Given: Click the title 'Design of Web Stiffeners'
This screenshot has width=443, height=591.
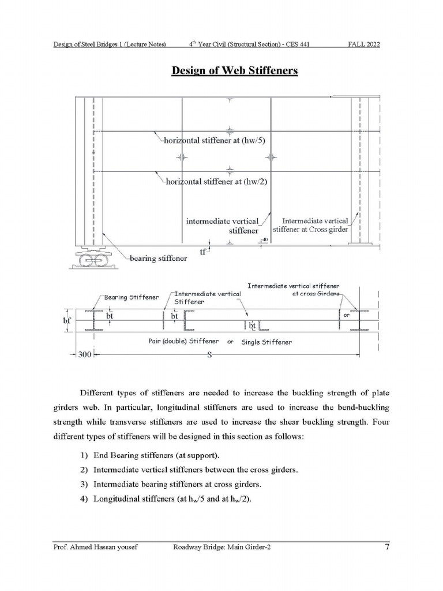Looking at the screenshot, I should coord(235,71).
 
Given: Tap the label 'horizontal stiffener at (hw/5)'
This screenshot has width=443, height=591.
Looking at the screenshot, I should coord(216,140).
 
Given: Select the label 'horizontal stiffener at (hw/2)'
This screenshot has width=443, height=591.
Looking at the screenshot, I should coord(217,181).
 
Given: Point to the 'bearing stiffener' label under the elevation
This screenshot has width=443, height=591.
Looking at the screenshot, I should coord(158,259).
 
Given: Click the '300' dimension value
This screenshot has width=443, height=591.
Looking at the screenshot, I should coord(85,355).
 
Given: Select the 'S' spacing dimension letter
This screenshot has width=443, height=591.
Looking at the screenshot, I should coord(210,355).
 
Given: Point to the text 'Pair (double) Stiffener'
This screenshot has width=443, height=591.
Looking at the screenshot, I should coord(184,342).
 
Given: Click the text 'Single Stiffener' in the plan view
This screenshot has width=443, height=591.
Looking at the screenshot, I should coord(266,342).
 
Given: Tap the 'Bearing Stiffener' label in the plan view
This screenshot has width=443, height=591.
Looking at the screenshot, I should coord(131,297).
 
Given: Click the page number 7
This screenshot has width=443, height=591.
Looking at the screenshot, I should coord(386,547).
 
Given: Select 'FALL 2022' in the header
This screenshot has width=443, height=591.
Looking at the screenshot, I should coord(363,44).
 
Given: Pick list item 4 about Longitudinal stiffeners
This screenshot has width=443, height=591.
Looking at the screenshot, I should coord(172,500).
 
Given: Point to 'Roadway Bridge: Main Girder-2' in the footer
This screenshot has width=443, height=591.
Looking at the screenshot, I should coord(221,548).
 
